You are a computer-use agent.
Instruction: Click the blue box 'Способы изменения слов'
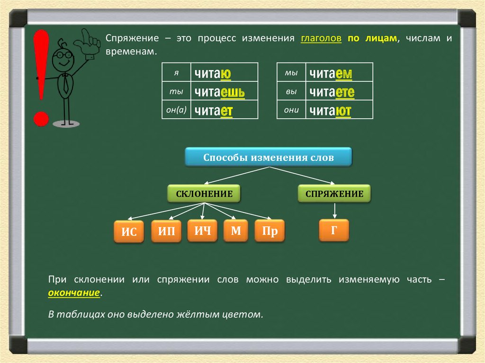point(268,157)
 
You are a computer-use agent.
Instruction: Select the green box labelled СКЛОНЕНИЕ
point(204,194)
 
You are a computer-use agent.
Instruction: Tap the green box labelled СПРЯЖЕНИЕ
point(334,194)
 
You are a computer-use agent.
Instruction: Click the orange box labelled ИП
point(166,231)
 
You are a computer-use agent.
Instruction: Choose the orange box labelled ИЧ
point(202,230)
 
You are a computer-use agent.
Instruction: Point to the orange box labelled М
point(236,230)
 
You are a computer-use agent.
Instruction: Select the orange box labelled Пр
point(269,231)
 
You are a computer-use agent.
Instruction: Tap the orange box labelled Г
point(334,230)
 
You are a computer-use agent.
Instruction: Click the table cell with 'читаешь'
point(224,91)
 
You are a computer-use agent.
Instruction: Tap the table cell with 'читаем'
point(339,73)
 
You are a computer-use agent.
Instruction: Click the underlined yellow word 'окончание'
point(74,293)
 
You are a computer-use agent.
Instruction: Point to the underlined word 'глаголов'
point(321,38)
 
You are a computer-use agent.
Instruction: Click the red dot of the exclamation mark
point(41,118)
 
